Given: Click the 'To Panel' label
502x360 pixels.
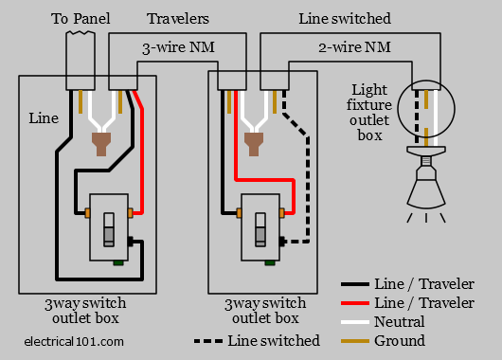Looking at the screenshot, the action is tap(81, 19).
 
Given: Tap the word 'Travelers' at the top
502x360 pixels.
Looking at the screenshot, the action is tap(178, 19).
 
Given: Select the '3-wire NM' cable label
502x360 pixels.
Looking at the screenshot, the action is tap(178, 47).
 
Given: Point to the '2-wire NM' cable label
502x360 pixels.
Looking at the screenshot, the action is tap(354, 47).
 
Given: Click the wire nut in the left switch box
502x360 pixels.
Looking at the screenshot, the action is tap(101, 144).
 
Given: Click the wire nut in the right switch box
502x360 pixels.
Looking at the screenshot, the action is tap(254, 144).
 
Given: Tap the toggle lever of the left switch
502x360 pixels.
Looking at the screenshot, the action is tap(109, 229).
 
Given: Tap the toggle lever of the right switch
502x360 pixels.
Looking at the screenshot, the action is tap(260, 229).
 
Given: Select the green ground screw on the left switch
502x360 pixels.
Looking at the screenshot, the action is tap(118, 263).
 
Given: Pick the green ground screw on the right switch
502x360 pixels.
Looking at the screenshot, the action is tap(270, 263).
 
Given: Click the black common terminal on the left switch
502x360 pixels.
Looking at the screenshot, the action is tap(131, 242).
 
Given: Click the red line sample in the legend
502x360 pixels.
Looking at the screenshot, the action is tap(355, 302).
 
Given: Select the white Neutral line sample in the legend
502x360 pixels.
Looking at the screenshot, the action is tap(355, 322).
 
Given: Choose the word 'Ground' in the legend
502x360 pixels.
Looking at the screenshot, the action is tap(400, 340).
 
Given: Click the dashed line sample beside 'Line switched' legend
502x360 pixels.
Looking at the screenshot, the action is tap(208, 341).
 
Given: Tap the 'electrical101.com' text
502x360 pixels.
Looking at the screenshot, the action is tap(74, 341).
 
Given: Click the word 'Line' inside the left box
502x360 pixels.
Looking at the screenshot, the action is tap(44, 118).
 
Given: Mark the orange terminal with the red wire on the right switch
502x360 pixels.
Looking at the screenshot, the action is tap(282, 213).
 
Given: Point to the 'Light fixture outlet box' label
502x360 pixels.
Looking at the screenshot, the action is tap(369, 112).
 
